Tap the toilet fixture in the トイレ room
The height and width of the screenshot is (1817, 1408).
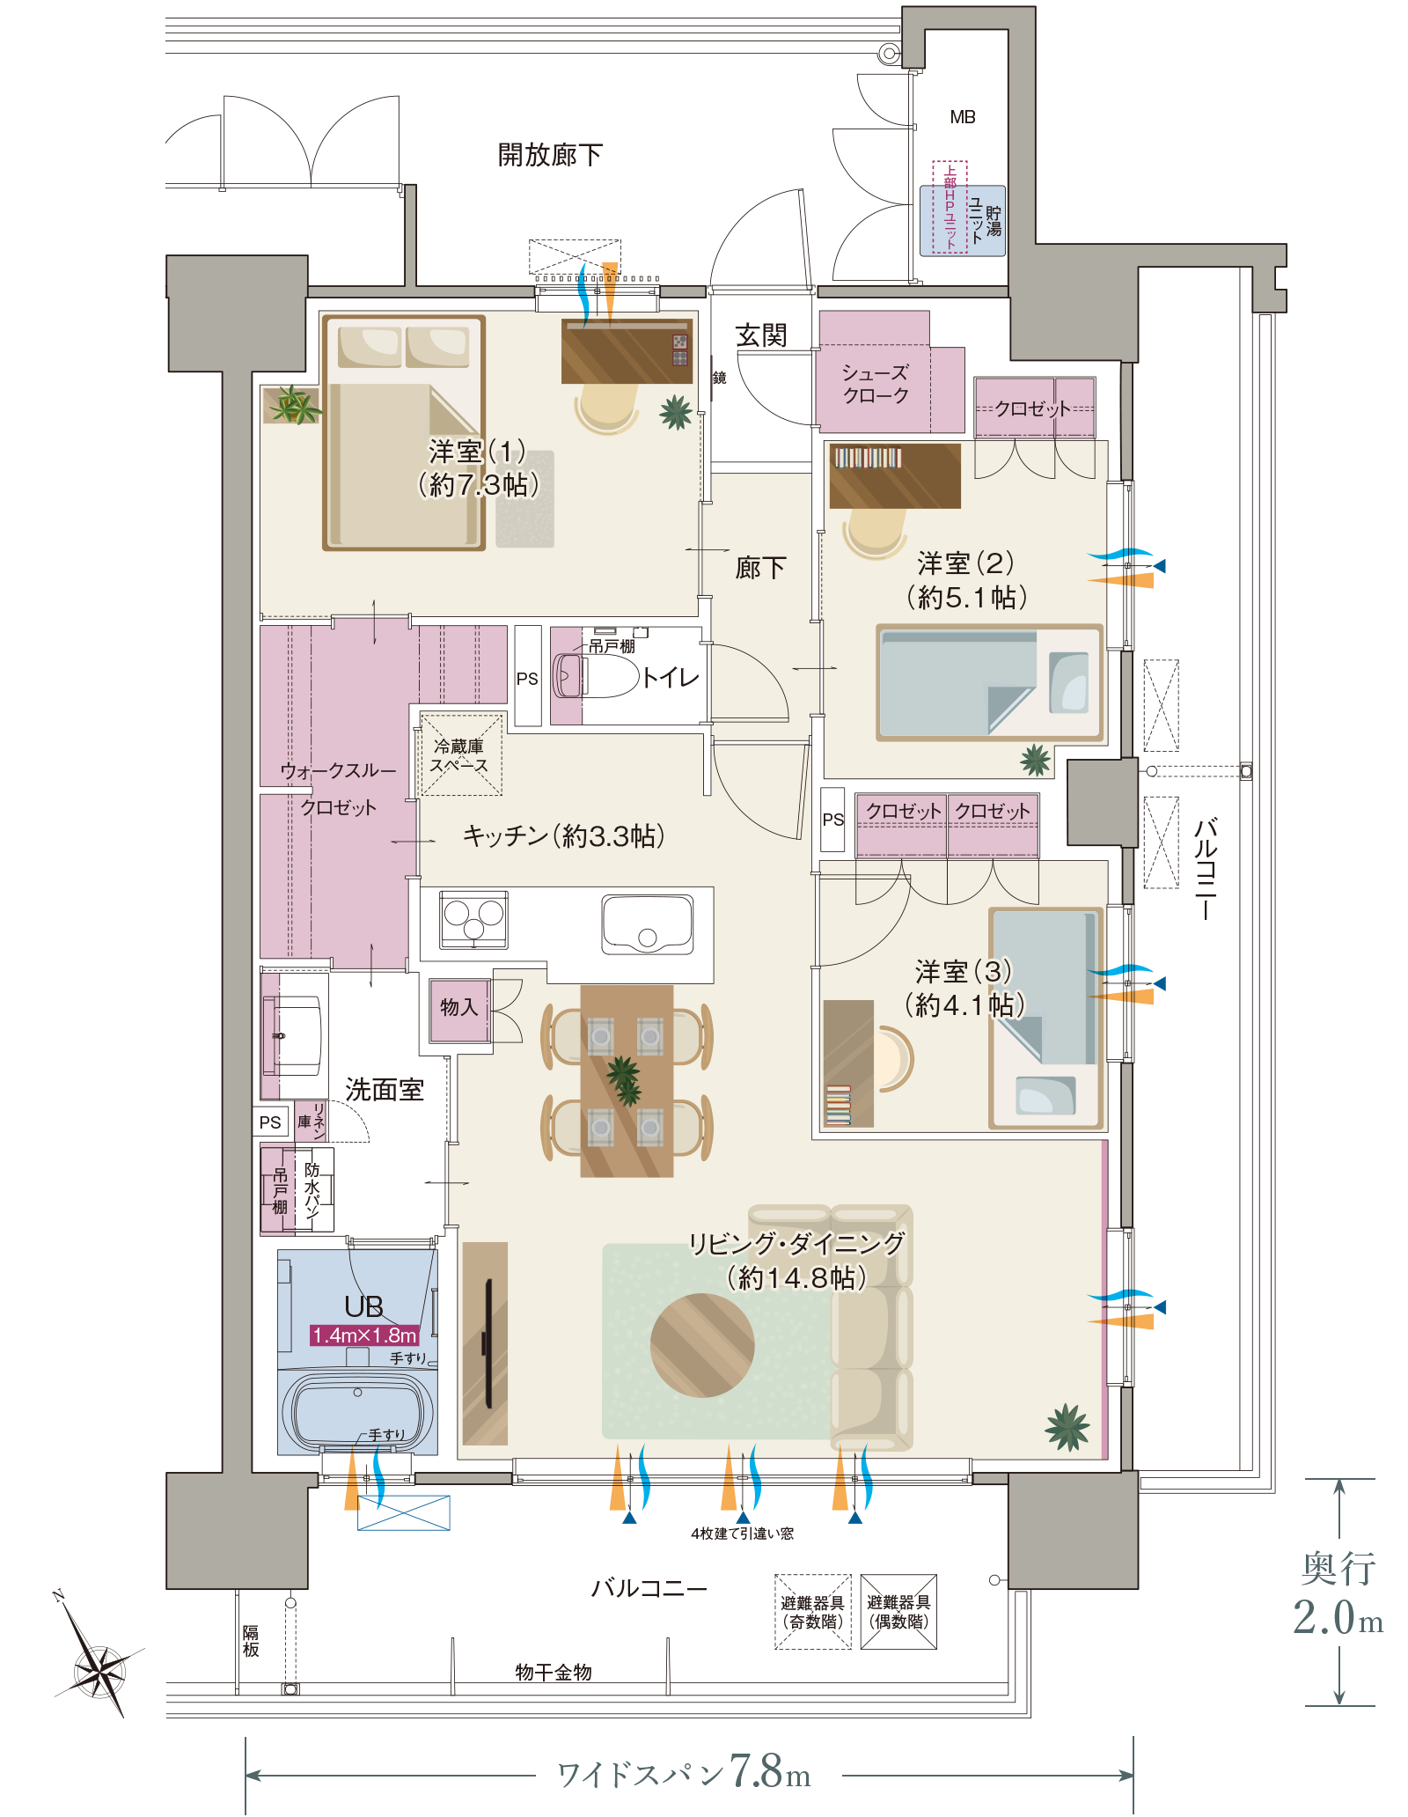pyautogui.click(x=595, y=676)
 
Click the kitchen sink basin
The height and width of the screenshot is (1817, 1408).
pyautogui.click(x=648, y=923)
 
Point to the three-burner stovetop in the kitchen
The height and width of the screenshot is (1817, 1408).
pyautogui.click(x=474, y=919)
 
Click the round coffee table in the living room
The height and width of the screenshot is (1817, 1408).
pyautogui.click(x=702, y=1345)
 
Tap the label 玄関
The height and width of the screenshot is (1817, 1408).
pyautogui.click(x=761, y=335)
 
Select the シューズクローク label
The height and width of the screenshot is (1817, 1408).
pyautogui.click(x=875, y=384)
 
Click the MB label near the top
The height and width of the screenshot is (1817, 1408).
pyautogui.click(x=963, y=117)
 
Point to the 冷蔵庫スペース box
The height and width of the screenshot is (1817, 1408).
pyautogui.click(x=460, y=754)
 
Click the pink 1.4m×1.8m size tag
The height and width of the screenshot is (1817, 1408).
pyautogui.click(x=364, y=1335)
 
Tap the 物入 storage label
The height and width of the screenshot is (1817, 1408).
pyautogui.click(x=458, y=1007)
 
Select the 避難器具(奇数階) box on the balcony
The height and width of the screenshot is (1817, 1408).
pyautogui.click(x=812, y=1612)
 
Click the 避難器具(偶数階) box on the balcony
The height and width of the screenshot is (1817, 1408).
pyautogui.click(x=898, y=1612)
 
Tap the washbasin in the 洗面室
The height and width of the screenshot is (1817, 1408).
pyautogui.click(x=295, y=1036)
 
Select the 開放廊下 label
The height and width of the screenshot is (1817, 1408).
pyautogui.click(x=550, y=155)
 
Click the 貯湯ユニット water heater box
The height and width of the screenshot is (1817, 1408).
pyautogui.click(x=963, y=220)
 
